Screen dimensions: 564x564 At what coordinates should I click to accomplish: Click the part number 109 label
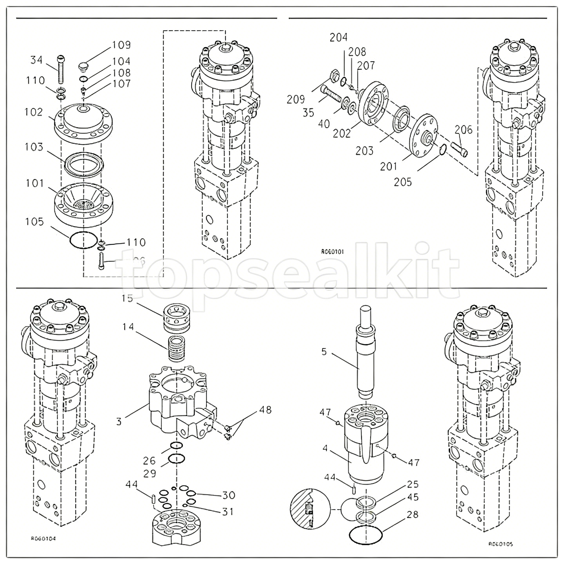(x=121, y=45)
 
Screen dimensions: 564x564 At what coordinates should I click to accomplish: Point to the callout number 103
(x=34, y=147)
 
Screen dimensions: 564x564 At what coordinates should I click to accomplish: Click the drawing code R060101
(x=332, y=252)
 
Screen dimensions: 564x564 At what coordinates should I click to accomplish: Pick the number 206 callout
(x=463, y=129)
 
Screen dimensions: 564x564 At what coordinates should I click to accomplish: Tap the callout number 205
(x=403, y=182)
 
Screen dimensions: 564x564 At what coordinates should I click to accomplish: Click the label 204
(x=339, y=37)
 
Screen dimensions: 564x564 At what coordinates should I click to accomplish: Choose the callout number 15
(x=127, y=298)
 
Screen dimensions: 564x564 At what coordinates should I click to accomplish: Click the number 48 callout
(x=265, y=410)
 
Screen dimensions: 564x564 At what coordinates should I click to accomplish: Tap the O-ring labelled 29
(x=177, y=459)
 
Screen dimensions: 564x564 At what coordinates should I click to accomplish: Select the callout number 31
(x=228, y=511)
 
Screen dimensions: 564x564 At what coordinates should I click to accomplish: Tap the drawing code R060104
(x=43, y=539)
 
